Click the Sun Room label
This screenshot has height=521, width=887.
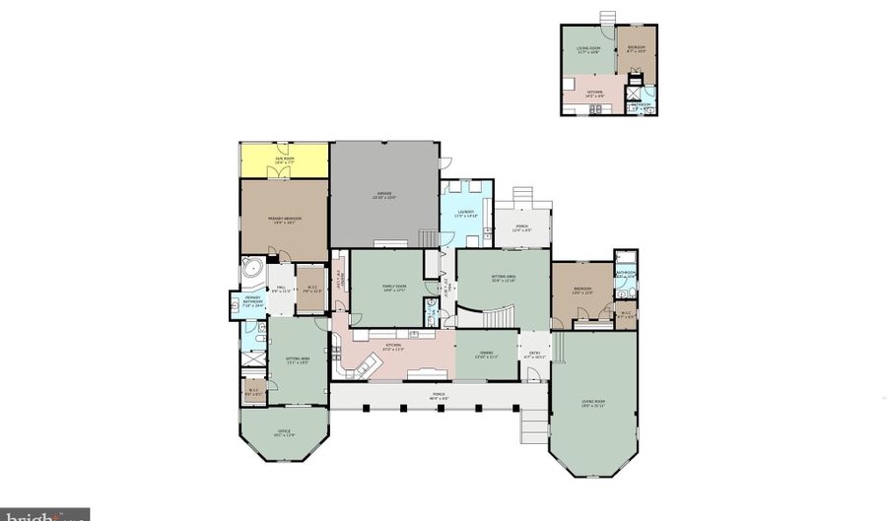(284, 159)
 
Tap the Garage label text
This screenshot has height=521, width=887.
(383, 195)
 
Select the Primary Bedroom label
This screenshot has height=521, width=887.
(284, 220)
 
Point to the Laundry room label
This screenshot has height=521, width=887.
(466, 214)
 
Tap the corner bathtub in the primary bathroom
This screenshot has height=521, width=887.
(251, 268)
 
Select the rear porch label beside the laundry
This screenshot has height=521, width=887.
(521, 228)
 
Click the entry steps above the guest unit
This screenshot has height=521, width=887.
(607, 18)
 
